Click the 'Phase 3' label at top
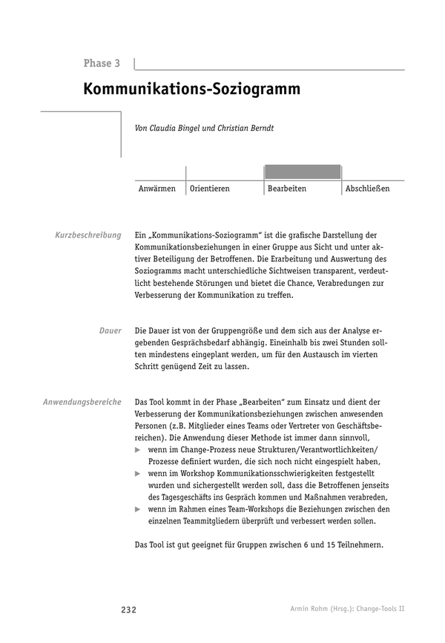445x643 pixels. click(x=102, y=64)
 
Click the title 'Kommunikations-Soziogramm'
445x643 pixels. click(x=191, y=90)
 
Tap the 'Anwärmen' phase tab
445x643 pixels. click(x=157, y=189)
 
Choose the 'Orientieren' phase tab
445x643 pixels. click(x=210, y=189)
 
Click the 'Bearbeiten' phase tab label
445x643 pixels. click(x=287, y=189)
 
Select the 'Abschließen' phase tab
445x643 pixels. click(x=367, y=189)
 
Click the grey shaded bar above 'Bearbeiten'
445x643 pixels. click(x=303, y=172)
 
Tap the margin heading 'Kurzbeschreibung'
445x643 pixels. click(x=88, y=235)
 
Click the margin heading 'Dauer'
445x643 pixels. click(x=111, y=330)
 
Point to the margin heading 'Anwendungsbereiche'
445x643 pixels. click(x=82, y=402)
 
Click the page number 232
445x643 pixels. click(x=128, y=610)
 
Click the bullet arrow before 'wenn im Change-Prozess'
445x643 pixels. click(x=137, y=450)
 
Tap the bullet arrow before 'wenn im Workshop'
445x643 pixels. click(x=137, y=474)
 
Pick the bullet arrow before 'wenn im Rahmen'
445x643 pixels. click(x=137, y=509)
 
